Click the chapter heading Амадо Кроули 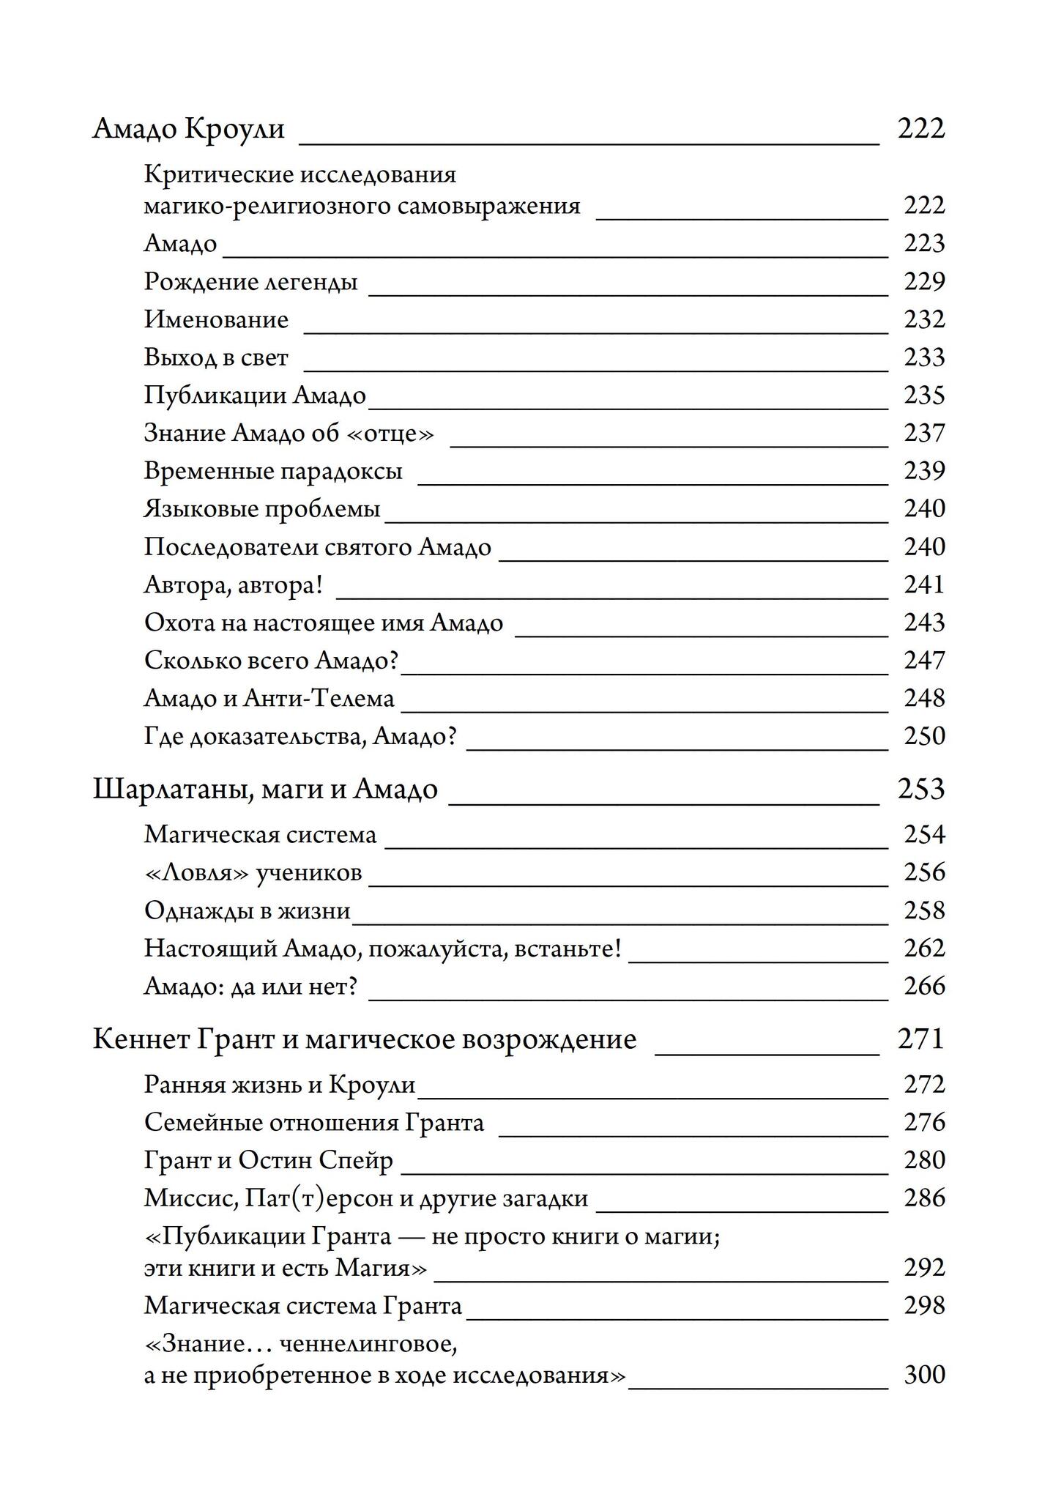(x=189, y=128)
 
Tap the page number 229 (x=924, y=281)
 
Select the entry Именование (x=216, y=319)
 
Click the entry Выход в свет (x=216, y=357)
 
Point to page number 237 (x=924, y=433)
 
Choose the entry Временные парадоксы (x=273, y=471)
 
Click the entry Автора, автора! (x=234, y=584)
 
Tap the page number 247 (x=924, y=661)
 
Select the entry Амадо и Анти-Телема (x=269, y=699)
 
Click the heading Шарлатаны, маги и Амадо (x=265, y=790)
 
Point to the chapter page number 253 (x=921, y=790)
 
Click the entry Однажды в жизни (x=247, y=910)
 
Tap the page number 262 (x=924, y=948)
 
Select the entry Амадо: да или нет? (x=250, y=987)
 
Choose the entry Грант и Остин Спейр (x=268, y=1160)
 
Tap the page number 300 (x=924, y=1375)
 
